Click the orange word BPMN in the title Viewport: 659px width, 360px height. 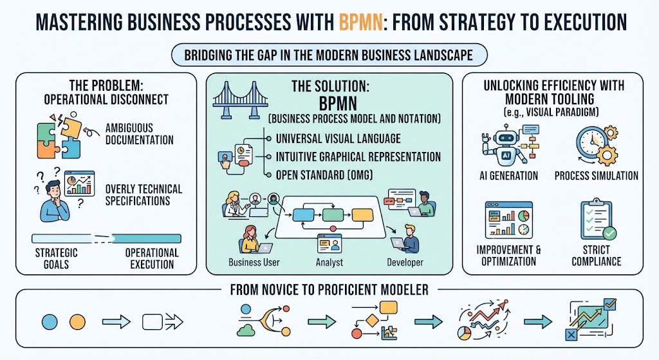coord(360,22)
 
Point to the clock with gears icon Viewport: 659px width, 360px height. coord(597,145)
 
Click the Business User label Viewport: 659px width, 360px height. coord(254,262)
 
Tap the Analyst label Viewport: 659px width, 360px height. coord(329,262)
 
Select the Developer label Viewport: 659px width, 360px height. coord(405,262)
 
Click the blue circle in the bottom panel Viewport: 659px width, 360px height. coord(50,322)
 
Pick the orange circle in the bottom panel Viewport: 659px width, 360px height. coord(77,322)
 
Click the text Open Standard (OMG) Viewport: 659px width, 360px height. coord(324,175)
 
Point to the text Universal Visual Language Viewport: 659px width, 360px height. coord(338,138)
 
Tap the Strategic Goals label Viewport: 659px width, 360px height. coord(57,258)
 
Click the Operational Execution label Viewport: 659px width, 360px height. coord(152,258)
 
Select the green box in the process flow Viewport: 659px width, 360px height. coord(333,215)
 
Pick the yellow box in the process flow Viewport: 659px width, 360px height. coord(362,215)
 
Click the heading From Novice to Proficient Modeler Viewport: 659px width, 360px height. coord(329,290)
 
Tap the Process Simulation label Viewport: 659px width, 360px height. coord(597,175)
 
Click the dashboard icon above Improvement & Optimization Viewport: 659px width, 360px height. coord(508,220)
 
